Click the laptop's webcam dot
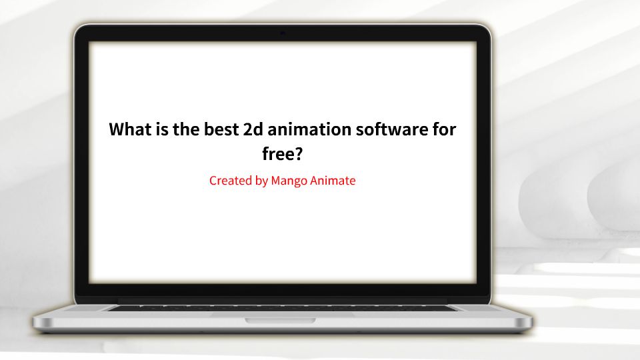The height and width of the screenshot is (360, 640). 283,33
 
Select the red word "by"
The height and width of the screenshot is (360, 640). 261,181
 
